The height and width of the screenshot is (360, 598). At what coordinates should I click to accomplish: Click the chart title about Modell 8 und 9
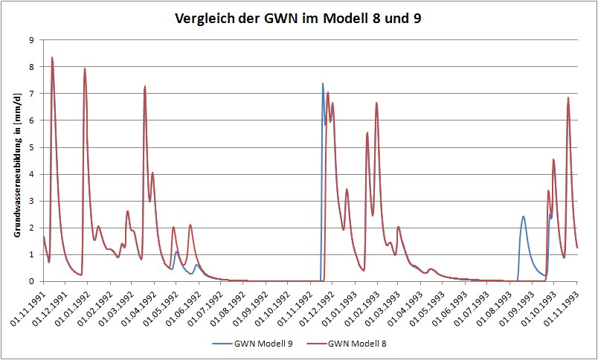(x=298, y=18)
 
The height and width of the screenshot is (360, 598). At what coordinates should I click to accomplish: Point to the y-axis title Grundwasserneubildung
(x=16, y=160)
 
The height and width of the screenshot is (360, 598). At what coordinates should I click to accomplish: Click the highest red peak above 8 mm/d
(x=52, y=57)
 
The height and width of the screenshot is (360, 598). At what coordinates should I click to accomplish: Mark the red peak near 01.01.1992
(x=85, y=69)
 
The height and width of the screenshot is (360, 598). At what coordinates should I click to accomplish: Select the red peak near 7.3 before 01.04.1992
(x=145, y=86)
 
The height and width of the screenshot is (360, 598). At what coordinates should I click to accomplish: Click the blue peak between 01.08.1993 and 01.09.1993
(x=523, y=216)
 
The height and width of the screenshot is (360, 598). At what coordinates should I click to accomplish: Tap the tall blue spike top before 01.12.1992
(x=323, y=83)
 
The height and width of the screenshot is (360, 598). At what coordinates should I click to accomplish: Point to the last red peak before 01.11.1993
(x=568, y=97)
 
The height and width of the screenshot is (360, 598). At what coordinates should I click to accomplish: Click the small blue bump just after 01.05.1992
(x=176, y=251)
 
